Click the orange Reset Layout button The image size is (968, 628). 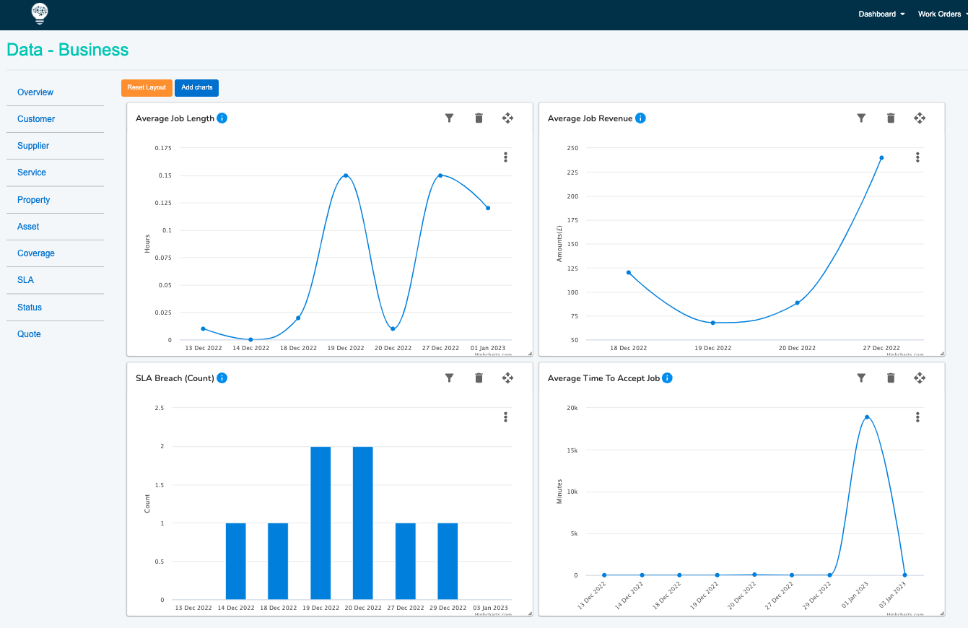147,87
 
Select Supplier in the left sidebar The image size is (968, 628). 33,146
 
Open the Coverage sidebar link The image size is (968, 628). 36,253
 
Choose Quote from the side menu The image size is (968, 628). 29,334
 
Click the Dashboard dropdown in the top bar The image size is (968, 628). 881,14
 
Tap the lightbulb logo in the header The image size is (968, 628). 40,13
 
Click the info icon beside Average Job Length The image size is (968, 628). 222,118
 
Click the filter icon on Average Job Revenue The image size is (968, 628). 861,118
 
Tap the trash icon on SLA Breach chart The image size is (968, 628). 479,378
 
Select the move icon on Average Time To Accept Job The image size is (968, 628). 920,378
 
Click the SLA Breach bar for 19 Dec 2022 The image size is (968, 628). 321,523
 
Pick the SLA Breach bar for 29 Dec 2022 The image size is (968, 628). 448,561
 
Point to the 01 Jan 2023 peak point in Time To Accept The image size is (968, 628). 867,417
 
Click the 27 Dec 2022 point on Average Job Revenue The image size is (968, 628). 881,157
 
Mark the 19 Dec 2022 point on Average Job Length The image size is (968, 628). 346,175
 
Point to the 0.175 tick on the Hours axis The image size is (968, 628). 164,148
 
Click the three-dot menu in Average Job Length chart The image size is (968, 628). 505,157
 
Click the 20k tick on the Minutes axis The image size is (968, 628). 572,408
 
